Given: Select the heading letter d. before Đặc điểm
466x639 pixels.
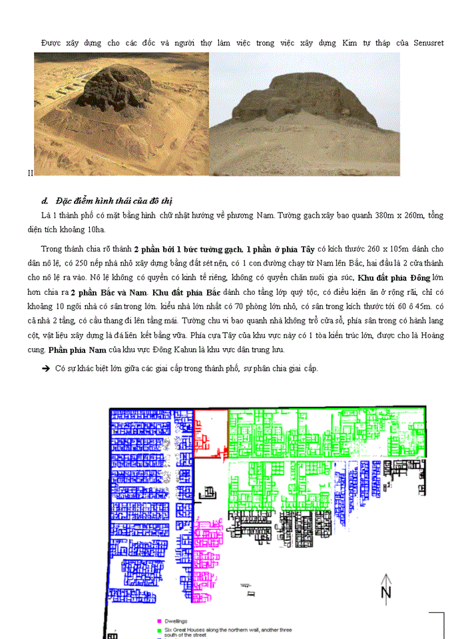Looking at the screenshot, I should [x=45, y=201].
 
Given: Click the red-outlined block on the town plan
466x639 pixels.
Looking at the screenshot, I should [x=210, y=433].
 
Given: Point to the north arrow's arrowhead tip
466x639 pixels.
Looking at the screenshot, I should [x=385, y=574].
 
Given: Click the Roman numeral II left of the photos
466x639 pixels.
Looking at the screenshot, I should [x=30, y=173].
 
